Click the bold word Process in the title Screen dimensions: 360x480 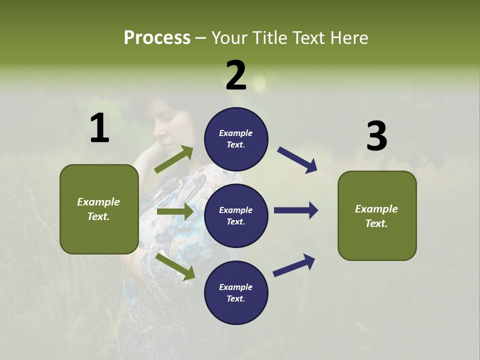tap(157, 38)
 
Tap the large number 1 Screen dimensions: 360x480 tap(99, 128)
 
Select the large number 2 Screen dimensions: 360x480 tap(236, 75)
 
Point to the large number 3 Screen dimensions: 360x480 tap(376, 136)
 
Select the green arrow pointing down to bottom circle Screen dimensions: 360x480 tap(175, 266)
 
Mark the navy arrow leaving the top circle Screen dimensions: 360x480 tap(297, 160)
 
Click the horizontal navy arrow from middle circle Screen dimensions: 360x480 tap(296, 210)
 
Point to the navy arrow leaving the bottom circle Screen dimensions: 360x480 tap(294, 265)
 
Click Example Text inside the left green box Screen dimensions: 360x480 tap(98, 209)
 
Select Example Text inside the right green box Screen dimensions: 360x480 tap(376, 216)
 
